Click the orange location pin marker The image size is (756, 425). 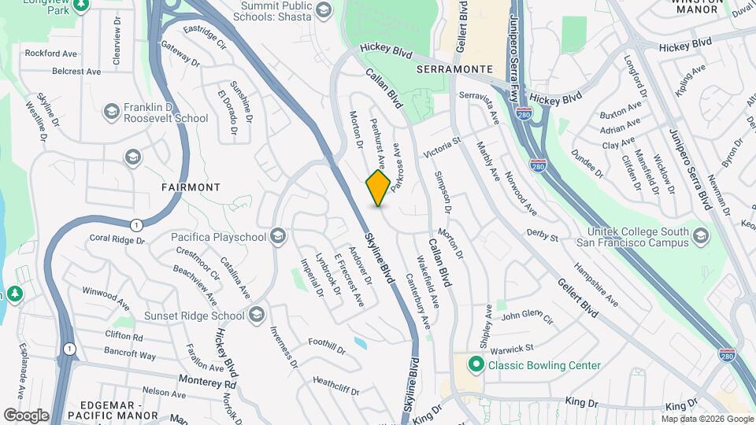[x=378, y=187]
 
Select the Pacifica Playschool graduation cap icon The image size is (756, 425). [x=277, y=236]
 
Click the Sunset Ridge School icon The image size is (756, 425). [x=256, y=316]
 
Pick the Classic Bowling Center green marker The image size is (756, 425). [x=475, y=365]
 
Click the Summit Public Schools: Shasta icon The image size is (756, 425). [x=324, y=9]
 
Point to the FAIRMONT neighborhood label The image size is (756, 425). [x=191, y=187]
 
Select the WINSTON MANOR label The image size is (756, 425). [x=697, y=4]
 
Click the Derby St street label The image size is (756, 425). [x=543, y=237]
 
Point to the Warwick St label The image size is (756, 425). [x=513, y=347]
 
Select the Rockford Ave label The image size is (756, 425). [x=50, y=54]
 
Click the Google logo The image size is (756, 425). [x=26, y=415]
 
